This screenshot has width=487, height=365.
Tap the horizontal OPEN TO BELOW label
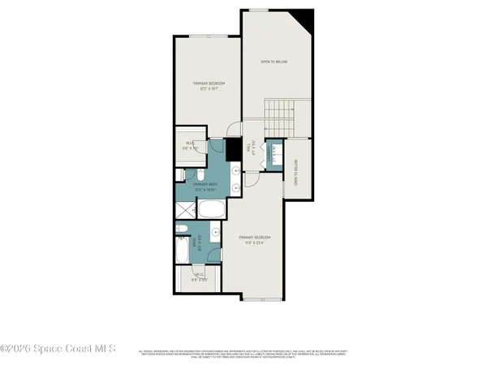coord(274,62)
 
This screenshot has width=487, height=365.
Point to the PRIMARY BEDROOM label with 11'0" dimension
coord(256,239)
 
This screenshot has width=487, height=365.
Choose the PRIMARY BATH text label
coord(205,187)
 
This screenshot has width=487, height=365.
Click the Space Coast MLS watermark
coord(58,350)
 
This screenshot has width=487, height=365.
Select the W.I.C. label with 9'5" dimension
coord(199,277)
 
